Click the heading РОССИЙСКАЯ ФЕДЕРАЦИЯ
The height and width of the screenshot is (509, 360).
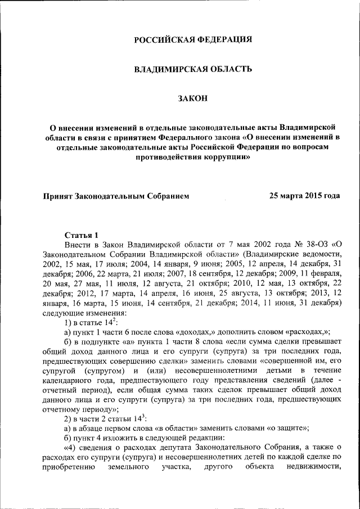tap(192, 39)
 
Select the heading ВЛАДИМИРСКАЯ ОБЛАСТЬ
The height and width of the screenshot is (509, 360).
tap(192, 69)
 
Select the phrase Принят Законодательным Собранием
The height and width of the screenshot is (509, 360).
tap(116, 196)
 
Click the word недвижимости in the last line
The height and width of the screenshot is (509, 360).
tap(313, 466)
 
